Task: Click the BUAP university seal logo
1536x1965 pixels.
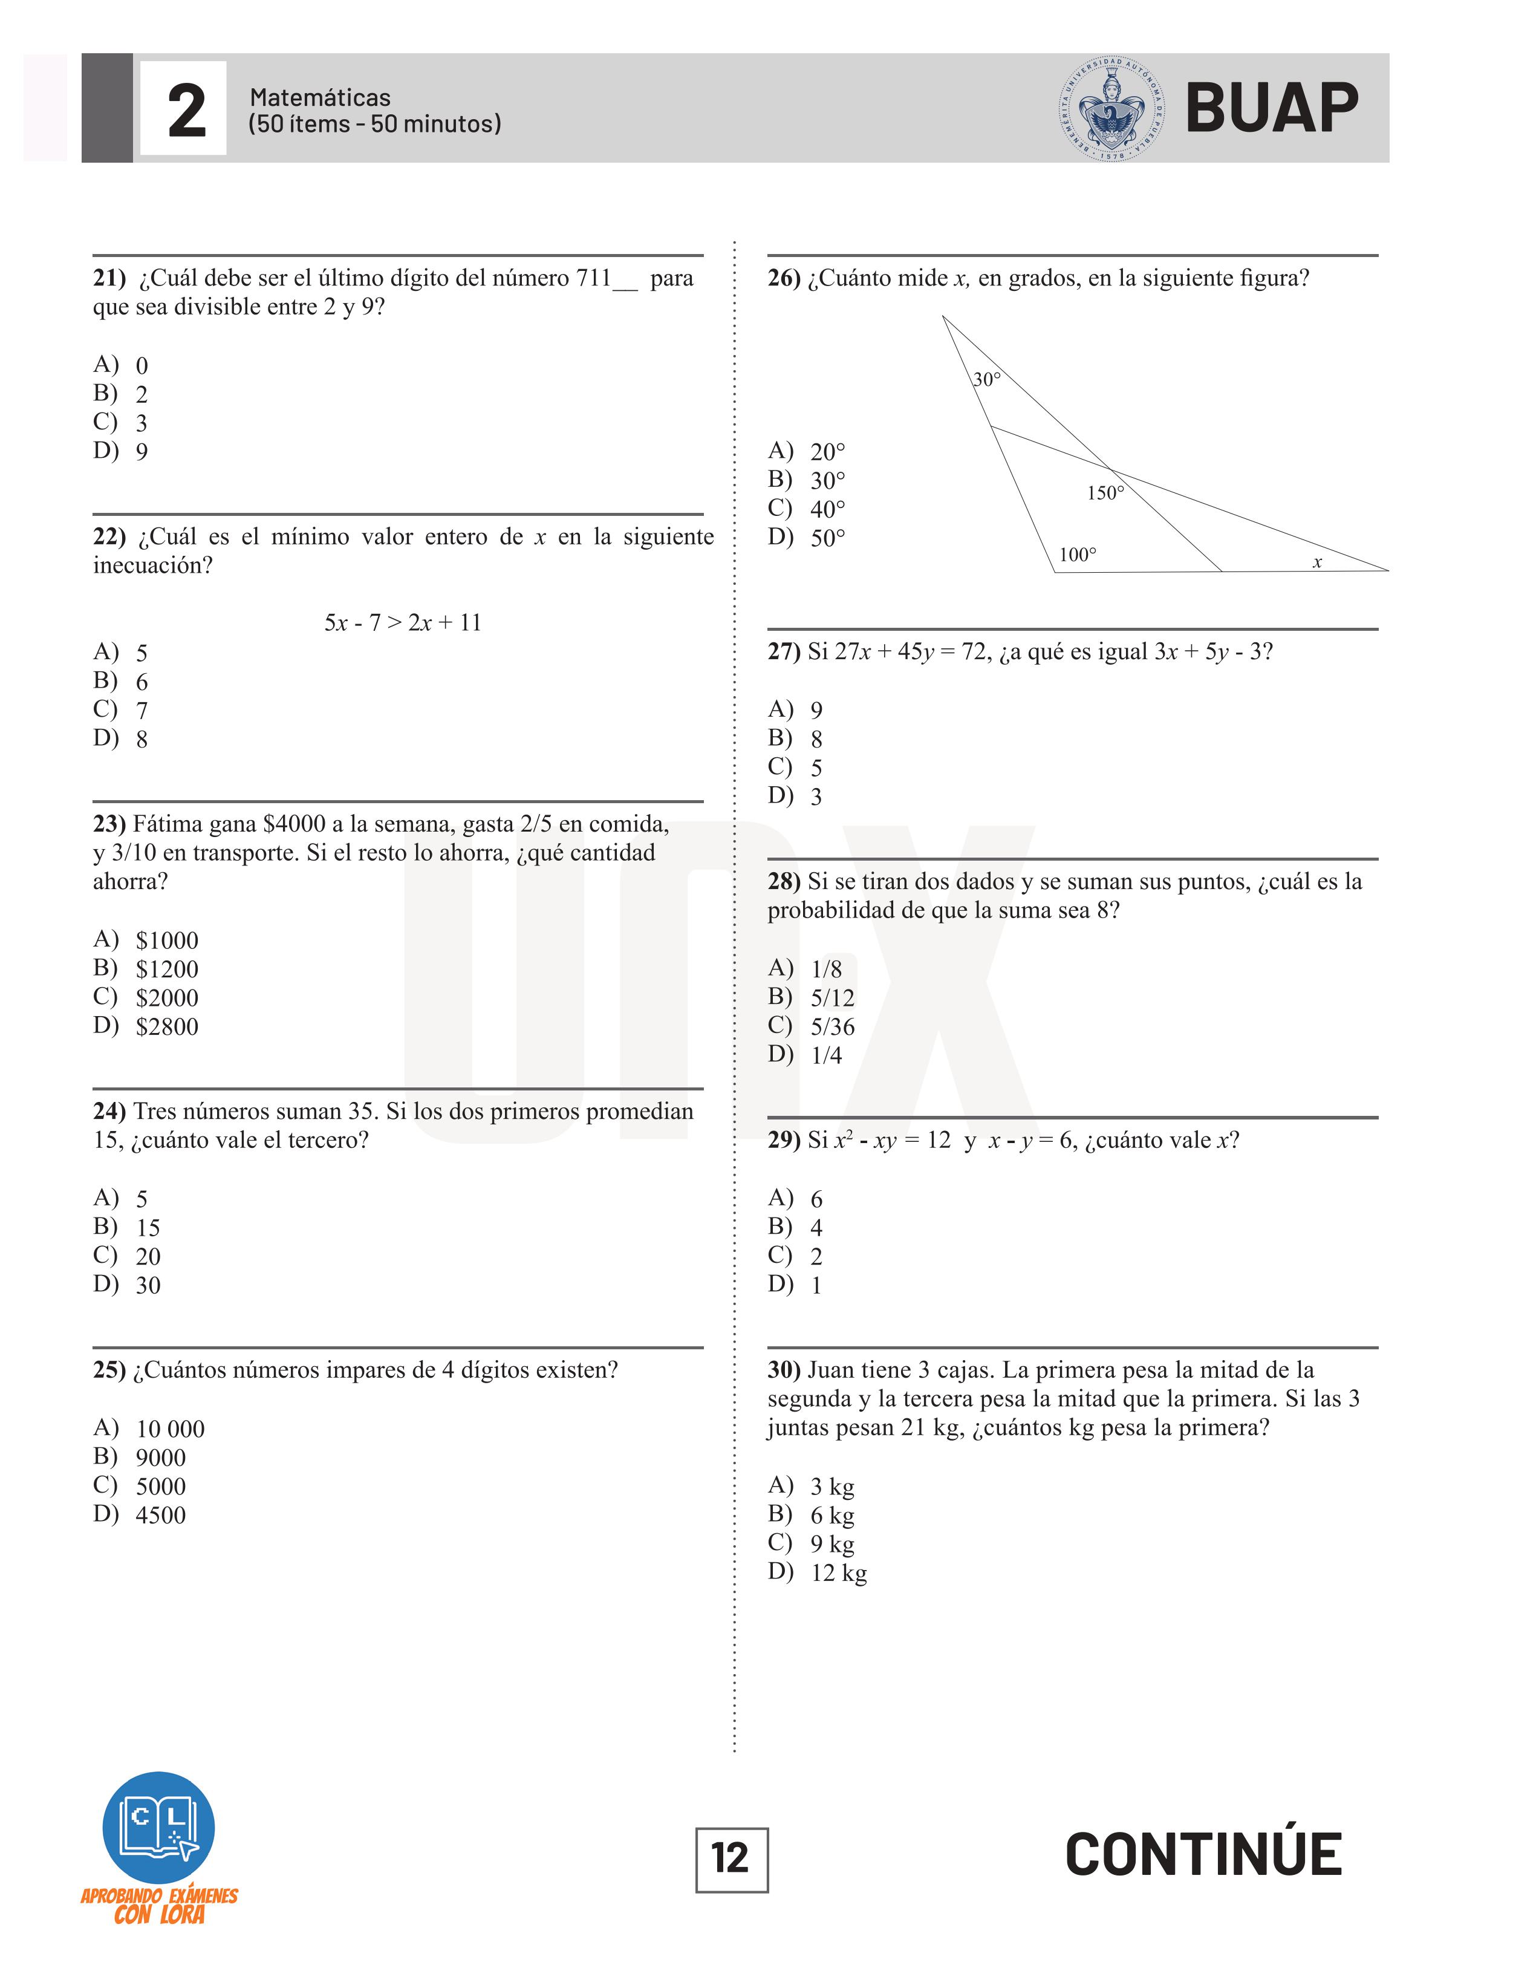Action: pyautogui.click(x=1112, y=109)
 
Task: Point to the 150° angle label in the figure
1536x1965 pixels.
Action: pyautogui.click(x=1105, y=493)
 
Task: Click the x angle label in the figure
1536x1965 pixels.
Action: pyautogui.click(x=1316, y=562)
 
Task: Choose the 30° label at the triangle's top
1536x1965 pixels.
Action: pyautogui.click(x=986, y=380)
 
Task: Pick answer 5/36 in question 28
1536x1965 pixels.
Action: pyautogui.click(x=832, y=1026)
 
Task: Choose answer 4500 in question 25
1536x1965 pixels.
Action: pyautogui.click(x=160, y=1515)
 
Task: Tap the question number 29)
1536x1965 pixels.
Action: pyautogui.click(x=784, y=1140)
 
